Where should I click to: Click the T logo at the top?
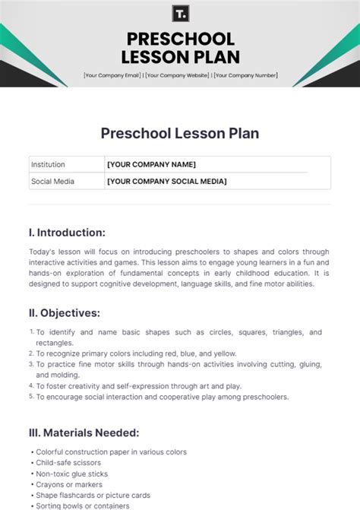(x=180, y=14)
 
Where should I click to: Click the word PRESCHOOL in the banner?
(x=180, y=39)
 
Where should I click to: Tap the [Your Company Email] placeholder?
(x=112, y=75)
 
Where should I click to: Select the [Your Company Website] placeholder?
(x=178, y=75)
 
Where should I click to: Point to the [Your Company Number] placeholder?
(x=245, y=75)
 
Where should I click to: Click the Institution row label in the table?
(x=48, y=164)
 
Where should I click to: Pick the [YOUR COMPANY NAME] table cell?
(x=151, y=164)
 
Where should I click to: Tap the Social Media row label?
(x=52, y=181)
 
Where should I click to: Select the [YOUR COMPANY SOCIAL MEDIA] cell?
(x=166, y=181)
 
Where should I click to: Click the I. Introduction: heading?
(x=67, y=233)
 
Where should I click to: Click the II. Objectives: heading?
(x=65, y=312)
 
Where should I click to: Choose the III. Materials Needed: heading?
(x=84, y=432)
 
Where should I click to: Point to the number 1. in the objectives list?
(x=32, y=332)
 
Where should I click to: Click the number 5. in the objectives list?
(x=32, y=396)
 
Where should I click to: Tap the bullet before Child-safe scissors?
(x=31, y=463)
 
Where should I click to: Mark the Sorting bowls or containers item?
(x=82, y=505)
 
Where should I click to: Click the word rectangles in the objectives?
(x=55, y=343)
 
